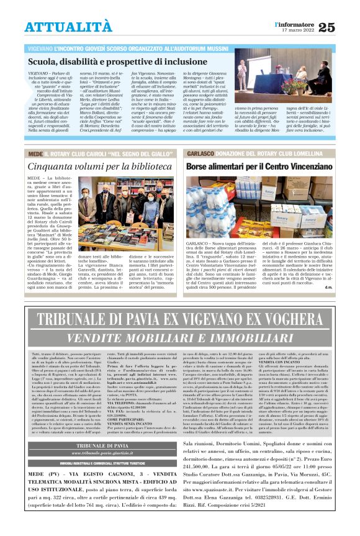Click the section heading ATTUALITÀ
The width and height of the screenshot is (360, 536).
[69, 27]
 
